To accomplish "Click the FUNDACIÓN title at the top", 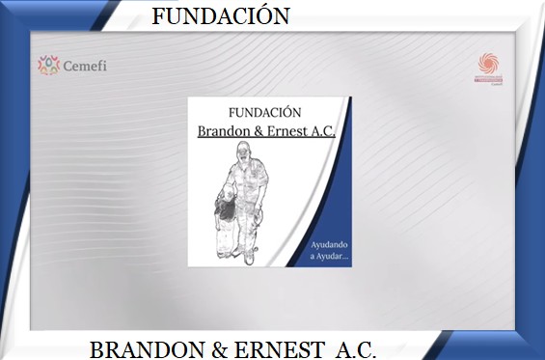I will pos(221,16).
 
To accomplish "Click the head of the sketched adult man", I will pos(244,155).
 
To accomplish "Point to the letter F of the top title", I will pos(159,16).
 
